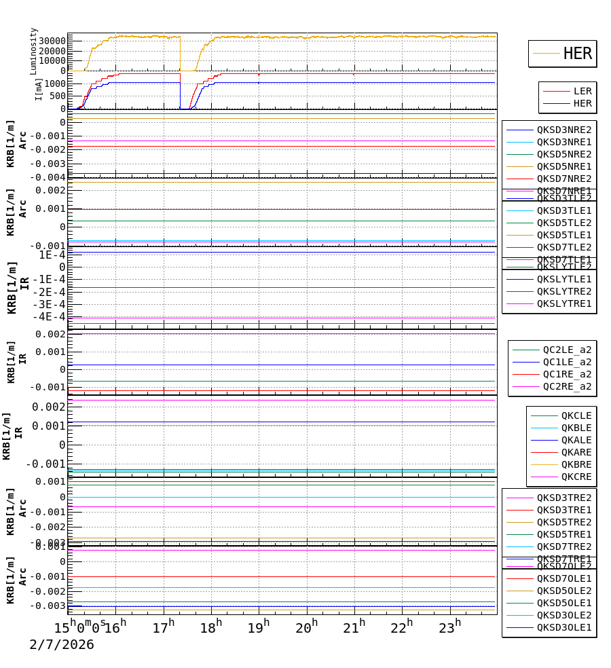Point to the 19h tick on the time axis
click(x=259, y=627)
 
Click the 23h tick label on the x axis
click(x=450, y=627)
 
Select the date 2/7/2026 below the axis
click(x=62, y=645)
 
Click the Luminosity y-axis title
click(x=34, y=51)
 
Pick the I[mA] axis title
click(x=39, y=89)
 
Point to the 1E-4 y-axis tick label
click(x=52, y=255)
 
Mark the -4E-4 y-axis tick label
click(x=51, y=316)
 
